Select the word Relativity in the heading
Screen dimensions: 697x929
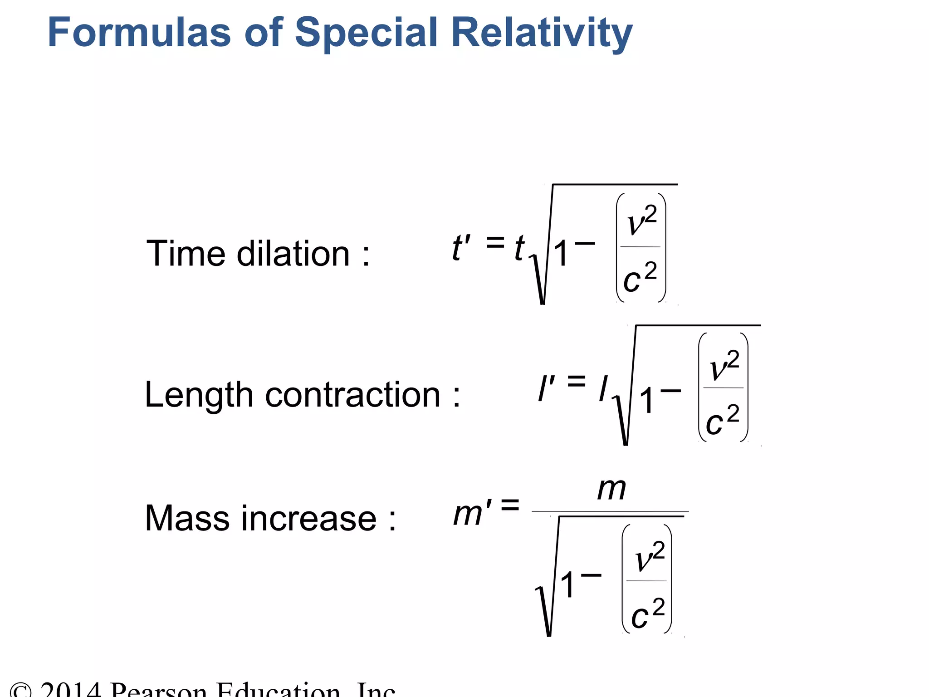tap(542, 33)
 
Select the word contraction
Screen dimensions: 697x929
tap(353, 395)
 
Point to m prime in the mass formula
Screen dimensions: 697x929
tap(472, 514)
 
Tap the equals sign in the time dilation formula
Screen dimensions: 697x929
tap(495, 242)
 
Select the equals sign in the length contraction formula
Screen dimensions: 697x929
tap(577, 381)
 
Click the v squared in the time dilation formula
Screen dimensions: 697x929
tap(641, 220)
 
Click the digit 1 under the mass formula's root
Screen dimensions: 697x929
tap(567, 585)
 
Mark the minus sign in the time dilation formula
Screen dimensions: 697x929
tap(585, 244)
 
